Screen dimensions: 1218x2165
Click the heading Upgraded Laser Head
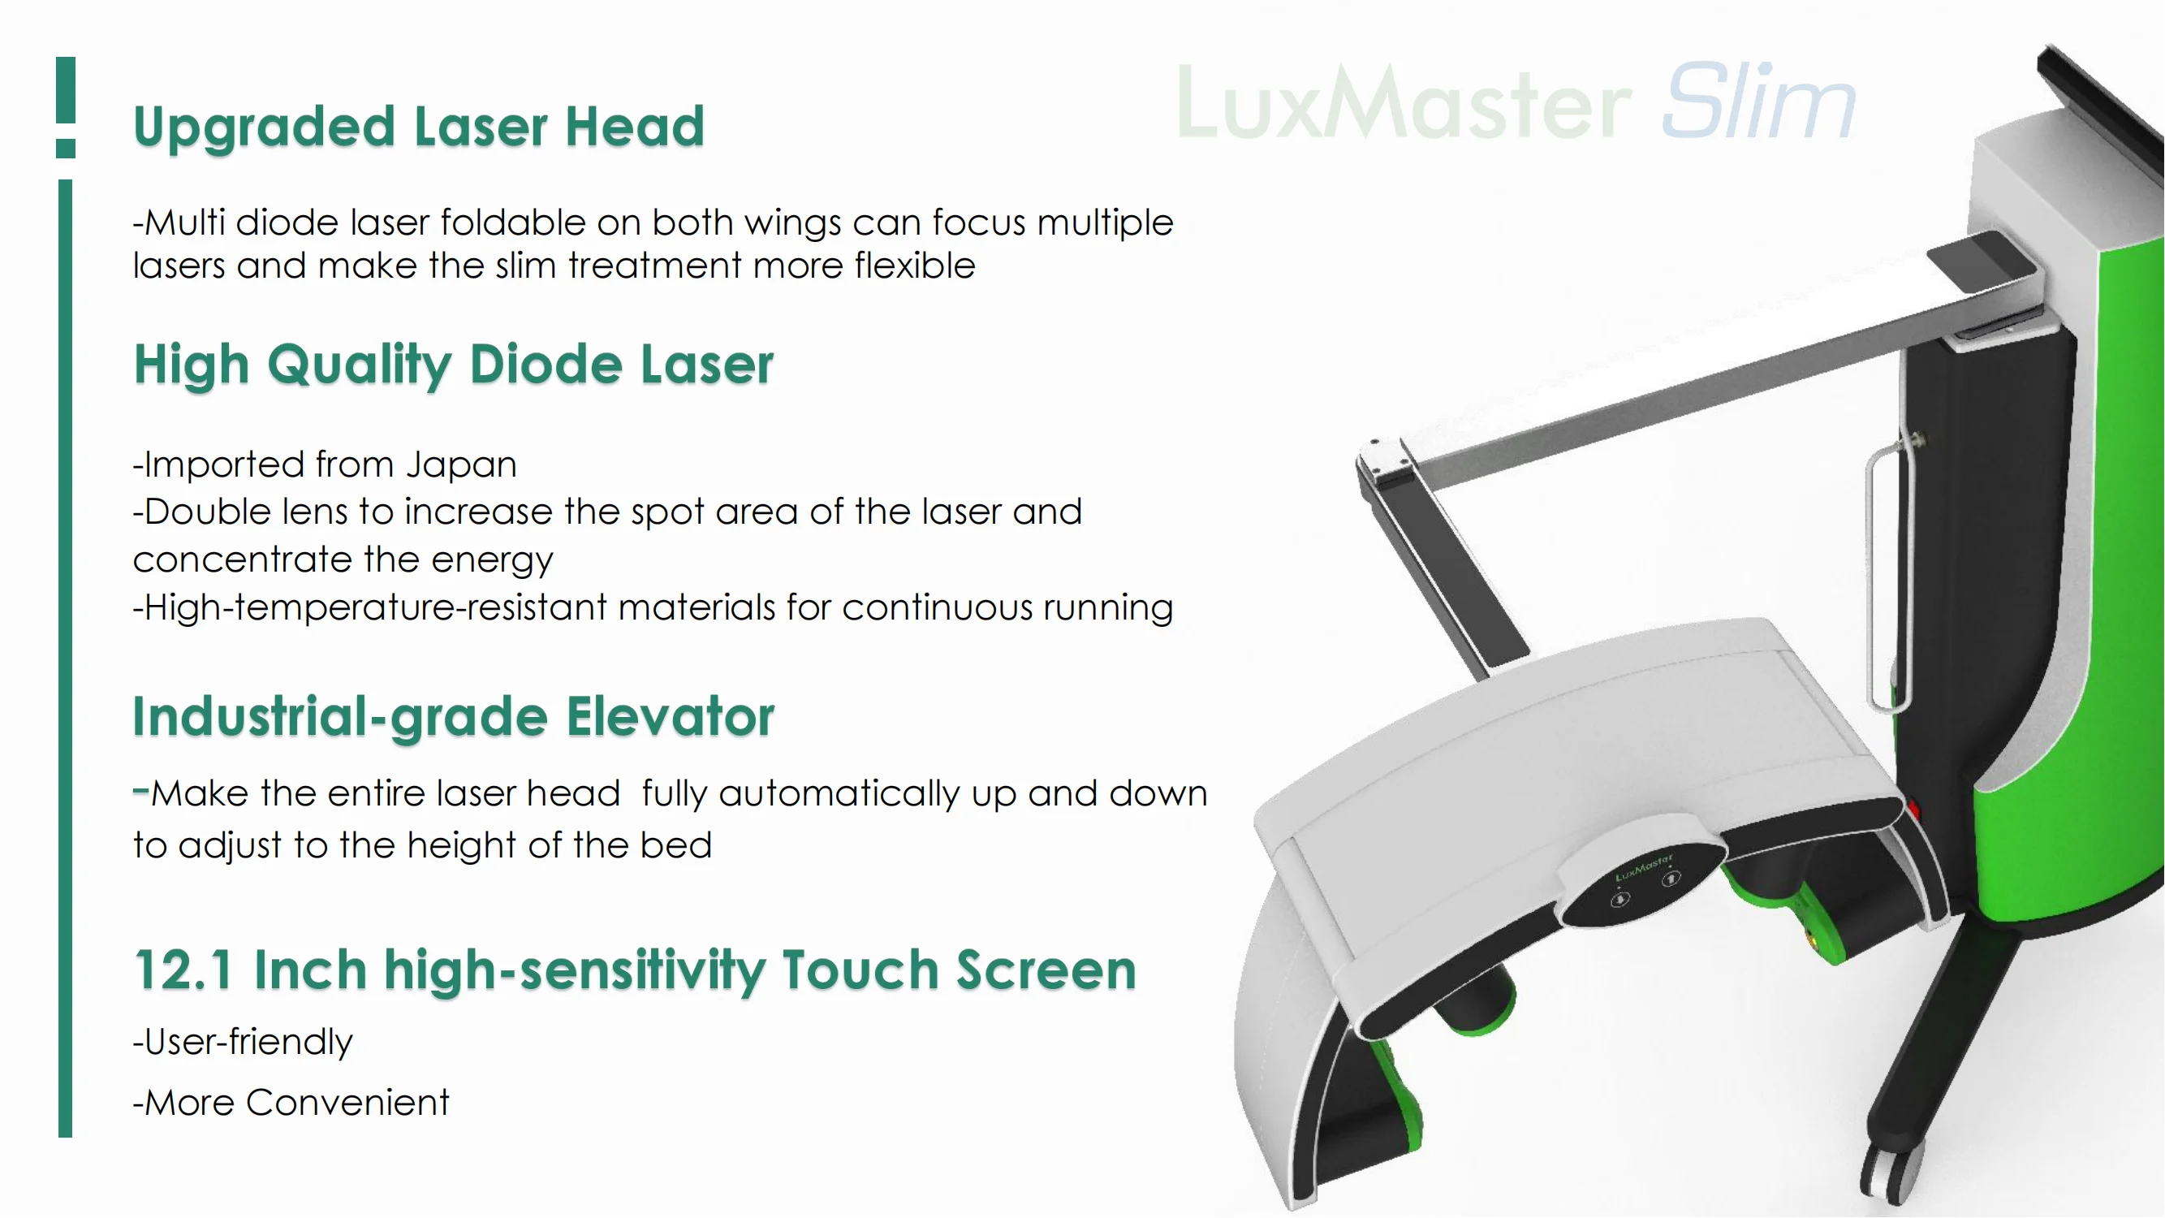tap(419, 126)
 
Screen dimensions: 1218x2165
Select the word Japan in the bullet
tap(461, 464)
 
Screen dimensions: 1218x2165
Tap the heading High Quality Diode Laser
tap(453, 365)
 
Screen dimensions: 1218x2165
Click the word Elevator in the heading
tap(669, 717)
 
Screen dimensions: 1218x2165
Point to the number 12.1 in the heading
tap(183, 970)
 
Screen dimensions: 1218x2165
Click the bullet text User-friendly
tap(244, 1043)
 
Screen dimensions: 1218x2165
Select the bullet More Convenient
tap(291, 1103)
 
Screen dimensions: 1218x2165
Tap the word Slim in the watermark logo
tap(1758, 102)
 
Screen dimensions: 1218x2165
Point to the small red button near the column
tap(1913, 810)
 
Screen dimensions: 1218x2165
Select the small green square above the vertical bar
tap(66, 149)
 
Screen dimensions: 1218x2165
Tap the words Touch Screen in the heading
tap(959, 970)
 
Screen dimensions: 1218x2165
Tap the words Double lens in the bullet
tap(207, 512)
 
